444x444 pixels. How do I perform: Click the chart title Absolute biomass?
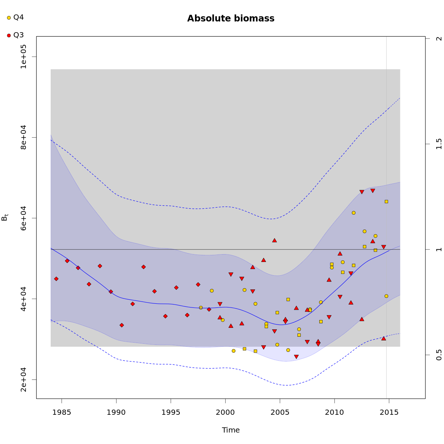pos(231,18)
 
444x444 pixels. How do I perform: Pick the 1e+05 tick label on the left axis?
pos(23,56)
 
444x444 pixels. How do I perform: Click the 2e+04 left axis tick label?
pos(23,380)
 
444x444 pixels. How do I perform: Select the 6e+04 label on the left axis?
pos(23,218)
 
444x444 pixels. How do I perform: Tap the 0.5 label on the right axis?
pos(439,355)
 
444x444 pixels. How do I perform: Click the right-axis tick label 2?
pos(439,38)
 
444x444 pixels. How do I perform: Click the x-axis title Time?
pos(231,430)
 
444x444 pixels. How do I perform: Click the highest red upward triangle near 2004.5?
pos(275,240)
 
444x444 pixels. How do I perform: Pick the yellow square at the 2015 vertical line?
pos(386,202)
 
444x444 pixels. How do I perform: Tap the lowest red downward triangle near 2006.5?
pos(296,357)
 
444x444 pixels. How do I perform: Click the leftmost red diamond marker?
pos(56,279)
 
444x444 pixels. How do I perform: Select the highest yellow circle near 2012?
pos(354,213)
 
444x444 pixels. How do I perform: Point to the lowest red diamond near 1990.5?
pos(122,325)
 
